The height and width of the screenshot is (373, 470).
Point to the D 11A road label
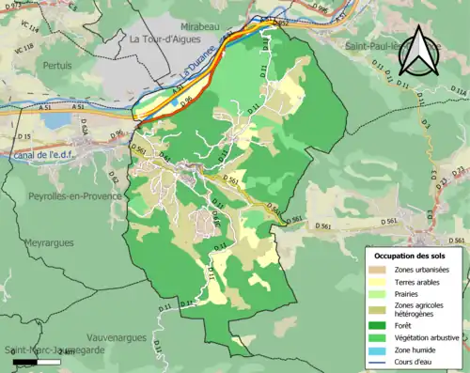pos(458,90)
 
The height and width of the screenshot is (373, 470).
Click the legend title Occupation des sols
pos(412,255)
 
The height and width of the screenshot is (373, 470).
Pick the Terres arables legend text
pos(419,281)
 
